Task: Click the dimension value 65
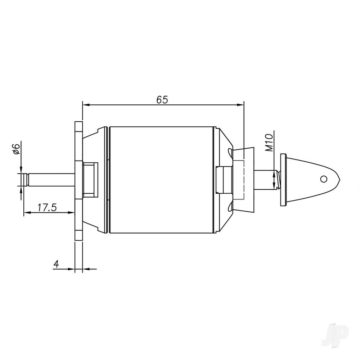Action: tap(162, 100)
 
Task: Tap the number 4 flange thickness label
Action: tap(56, 264)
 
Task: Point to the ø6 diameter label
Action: tap(15, 148)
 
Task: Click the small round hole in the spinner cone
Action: tap(324, 179)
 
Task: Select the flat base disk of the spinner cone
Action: tap(283, 180)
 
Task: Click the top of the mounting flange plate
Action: tap(78, 124)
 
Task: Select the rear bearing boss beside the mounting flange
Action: tap(90, 179)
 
